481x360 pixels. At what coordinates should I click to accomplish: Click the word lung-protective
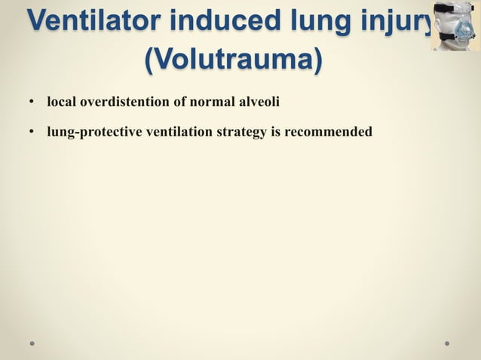94,133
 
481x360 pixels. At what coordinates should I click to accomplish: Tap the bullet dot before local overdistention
32,99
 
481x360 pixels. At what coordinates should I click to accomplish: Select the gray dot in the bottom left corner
32,343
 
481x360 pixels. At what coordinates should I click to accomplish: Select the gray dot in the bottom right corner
447,343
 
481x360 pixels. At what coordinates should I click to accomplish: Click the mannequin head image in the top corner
455,26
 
